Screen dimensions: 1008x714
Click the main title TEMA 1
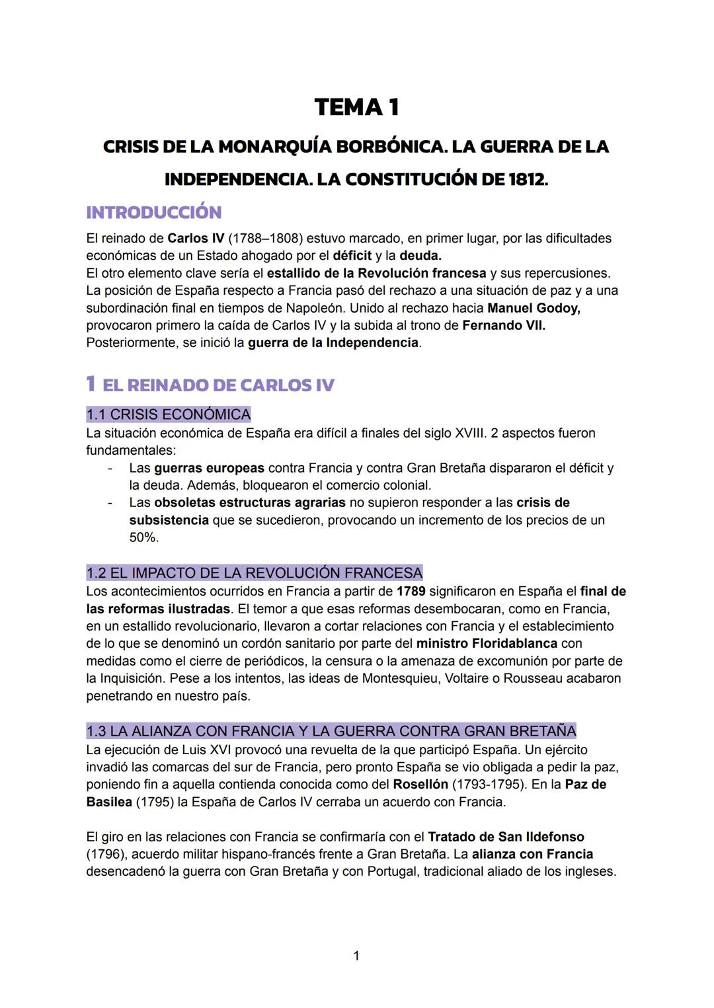pyautogui.click(x=356, y=107)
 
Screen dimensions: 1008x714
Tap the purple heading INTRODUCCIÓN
pyautogui.click(x=153, y=212)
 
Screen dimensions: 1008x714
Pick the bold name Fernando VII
pyautogui.click(x=503, y=325)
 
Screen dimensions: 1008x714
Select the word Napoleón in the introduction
pyautogui.click(x=315, y=308)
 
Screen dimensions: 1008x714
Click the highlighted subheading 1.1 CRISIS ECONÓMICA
pyautogui.click(x=169, y=414)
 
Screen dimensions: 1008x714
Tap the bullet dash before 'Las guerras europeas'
pyautogui.click(x=110, y=468)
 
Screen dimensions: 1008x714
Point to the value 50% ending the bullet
pyautogui.click(x=143, y=537)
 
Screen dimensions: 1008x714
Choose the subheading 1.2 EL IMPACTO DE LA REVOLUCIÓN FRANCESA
pyautogui.click(x=255, y=572)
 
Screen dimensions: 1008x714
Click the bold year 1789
pyautogui.click(x=411, y=591)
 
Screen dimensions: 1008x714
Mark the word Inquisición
pyautogui.click(x=131, y=678)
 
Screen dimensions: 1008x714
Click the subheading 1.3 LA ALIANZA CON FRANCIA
pyautogui.click(x=331, y=731)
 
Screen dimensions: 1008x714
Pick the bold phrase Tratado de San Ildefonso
pyautogui.click(x=506, y=837)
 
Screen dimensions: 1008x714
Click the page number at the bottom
pyautogui.click(x=356, y=955)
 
